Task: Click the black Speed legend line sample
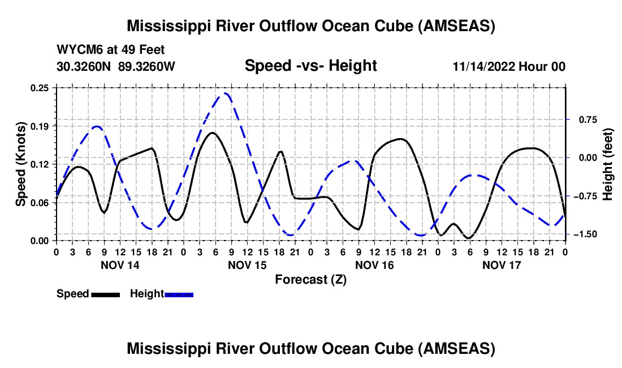click(105, 294)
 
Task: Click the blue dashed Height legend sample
click(179, 294)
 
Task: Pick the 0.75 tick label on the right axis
click(586, 119)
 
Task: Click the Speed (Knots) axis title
click(20, 164)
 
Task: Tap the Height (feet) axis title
click(608, 164)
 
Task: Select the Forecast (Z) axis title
click(310, 279)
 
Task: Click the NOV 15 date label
click(247, 265)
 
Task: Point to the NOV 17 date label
click(502, 265)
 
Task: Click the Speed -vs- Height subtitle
click(310, 66)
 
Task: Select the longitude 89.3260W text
click(147, 67)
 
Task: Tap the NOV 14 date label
click(120, 265)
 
